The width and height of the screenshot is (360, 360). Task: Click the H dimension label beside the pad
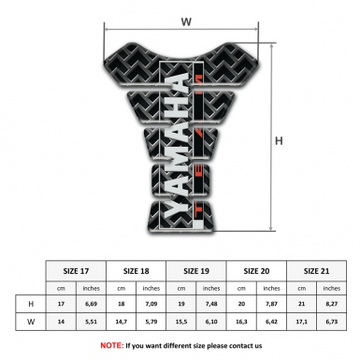279,142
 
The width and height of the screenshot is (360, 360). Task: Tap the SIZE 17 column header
77,270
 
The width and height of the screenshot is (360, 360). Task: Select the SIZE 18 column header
137,270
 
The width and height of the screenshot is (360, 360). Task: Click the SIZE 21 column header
316,270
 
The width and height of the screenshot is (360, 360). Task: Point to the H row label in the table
32,305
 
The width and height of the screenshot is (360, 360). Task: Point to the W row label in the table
32,323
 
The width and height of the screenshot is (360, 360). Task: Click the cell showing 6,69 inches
92,305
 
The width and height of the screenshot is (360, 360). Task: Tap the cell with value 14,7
122,323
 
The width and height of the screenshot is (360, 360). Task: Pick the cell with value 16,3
241,323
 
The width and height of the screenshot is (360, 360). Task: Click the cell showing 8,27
331,305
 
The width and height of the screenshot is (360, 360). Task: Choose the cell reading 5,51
92,323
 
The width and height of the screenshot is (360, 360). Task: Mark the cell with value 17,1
301,323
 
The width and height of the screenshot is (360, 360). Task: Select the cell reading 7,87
272,305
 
